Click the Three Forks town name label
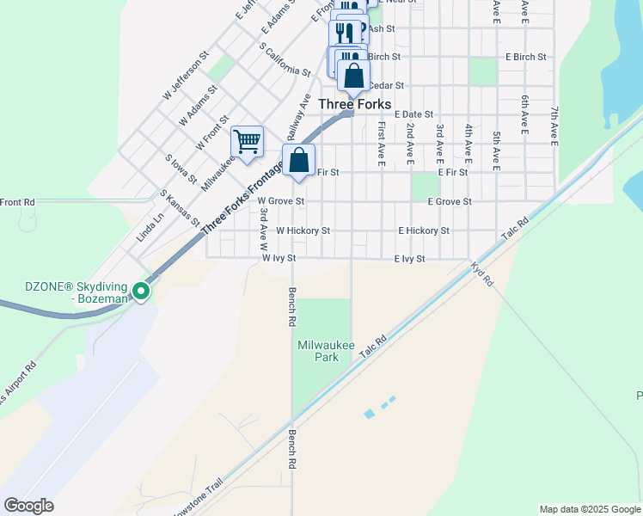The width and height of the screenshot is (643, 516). tap(354, 104)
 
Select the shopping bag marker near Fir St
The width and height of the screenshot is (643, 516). tap(298, 161)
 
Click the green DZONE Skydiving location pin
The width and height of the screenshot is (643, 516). tap(142, 292)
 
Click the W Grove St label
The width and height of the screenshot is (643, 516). tap(281, 201)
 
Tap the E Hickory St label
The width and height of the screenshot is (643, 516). tap(423, 230)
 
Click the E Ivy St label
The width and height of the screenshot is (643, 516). tap(409, 258)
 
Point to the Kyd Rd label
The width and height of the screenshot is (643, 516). tap(481, 273)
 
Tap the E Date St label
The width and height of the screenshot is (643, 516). tap(413, 114)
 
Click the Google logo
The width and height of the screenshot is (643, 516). tap(28, 506)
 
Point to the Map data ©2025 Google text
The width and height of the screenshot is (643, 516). tap(589, 509)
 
